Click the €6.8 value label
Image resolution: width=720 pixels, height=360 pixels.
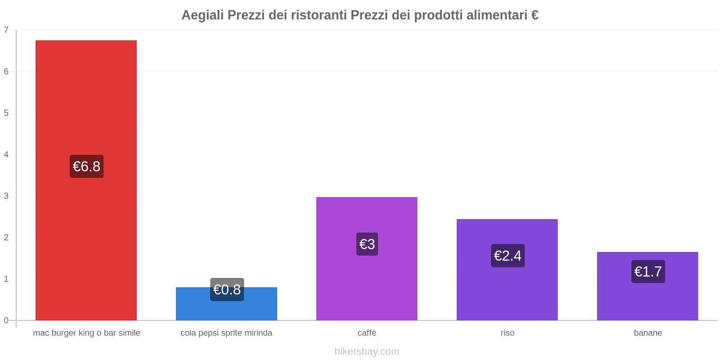click(86, 166)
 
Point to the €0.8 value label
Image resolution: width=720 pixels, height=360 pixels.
click(227, 289)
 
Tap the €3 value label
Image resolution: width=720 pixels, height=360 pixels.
click(367, 244)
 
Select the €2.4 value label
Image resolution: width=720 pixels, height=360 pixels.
click(508, 256)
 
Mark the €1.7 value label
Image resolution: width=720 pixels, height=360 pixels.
click(648, 271)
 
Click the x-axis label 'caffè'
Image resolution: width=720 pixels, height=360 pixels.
click(367, 333)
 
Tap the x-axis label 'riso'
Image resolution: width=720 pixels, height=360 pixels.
click(507, 333)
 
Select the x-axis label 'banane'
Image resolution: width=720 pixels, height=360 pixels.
click(648, 333)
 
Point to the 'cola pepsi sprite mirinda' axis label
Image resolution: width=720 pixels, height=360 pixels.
click(226, 333)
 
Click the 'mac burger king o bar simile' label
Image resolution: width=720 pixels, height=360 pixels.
click(86, 333)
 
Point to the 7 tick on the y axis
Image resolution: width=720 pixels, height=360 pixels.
click(6, 30)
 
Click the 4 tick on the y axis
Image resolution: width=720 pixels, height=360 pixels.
click(6, 154)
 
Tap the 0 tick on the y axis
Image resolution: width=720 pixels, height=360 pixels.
click(6, 320)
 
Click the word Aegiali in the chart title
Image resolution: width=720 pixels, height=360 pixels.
click(202, 15)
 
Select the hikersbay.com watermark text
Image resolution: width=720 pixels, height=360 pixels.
click(367, 351)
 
